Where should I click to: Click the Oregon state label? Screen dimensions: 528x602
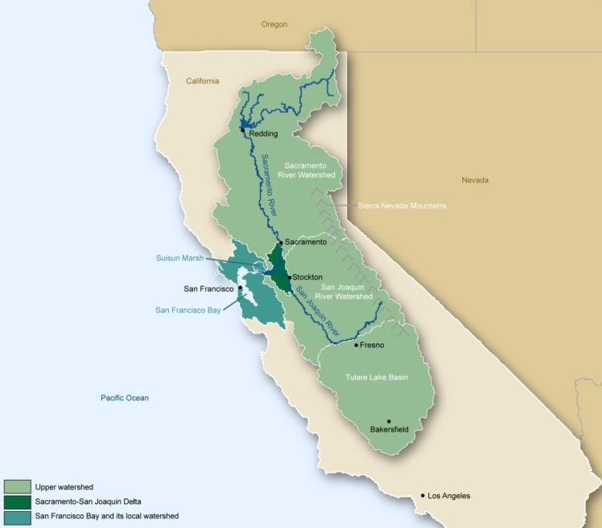(274, 25)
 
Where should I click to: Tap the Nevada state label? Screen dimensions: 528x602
(475, 180)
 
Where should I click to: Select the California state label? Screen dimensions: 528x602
(203, 81)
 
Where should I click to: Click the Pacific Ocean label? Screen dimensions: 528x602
(125, 398)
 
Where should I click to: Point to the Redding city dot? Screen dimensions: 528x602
(242, 130)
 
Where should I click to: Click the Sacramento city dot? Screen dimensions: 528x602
(280, 242)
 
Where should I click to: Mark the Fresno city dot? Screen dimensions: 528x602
(356, 346)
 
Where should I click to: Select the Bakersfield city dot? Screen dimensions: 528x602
(389, 421)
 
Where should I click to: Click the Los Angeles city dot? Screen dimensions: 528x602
(423, 496)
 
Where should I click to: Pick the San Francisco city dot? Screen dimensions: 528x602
(240, 288)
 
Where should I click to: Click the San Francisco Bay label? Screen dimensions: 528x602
(188, 309)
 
